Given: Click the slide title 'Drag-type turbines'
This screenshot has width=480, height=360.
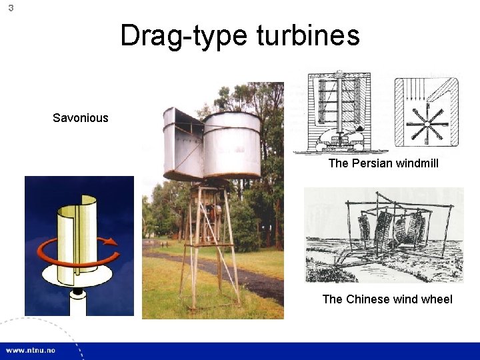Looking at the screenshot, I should click(x=239, y=35).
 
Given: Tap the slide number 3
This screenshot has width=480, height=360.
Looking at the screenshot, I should click(x=11, y=8).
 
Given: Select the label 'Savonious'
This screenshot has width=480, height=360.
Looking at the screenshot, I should click(x=80, y=118).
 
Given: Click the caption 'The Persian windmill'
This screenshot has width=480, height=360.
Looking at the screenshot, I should click(x=383, y=163).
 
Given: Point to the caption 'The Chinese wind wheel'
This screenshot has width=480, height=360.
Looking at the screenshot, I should click(x=387, y=299).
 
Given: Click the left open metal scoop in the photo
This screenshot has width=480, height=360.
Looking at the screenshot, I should click(x=181, y=143).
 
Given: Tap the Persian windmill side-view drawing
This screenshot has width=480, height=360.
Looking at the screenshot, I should click(x=341, y=112).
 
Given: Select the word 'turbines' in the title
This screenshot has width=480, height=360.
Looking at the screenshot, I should click(x=307, y=35).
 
